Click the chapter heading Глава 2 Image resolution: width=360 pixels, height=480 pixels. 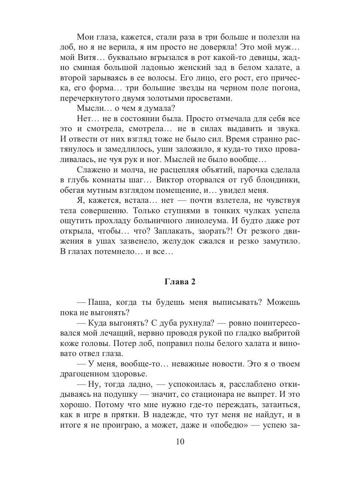coord(180,282)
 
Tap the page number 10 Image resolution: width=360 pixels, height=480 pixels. coord(180,442)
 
